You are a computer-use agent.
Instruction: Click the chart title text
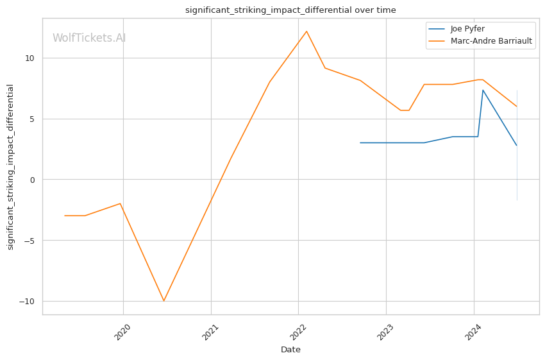290,10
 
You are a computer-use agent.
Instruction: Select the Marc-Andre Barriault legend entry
491,42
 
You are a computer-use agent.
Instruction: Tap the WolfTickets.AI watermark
89,38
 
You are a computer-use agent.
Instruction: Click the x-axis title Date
290,350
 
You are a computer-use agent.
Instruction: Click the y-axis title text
11,167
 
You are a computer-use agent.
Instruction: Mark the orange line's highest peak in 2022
306,31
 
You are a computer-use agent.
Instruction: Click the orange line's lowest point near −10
163,301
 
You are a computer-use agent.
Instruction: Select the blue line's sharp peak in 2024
483,90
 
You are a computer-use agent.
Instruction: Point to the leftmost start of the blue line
360,142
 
